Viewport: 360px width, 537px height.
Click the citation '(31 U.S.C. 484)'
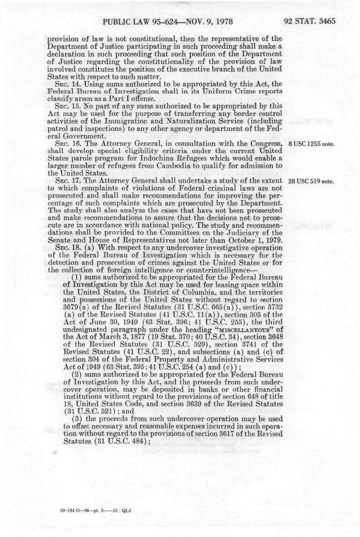(123, 441)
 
